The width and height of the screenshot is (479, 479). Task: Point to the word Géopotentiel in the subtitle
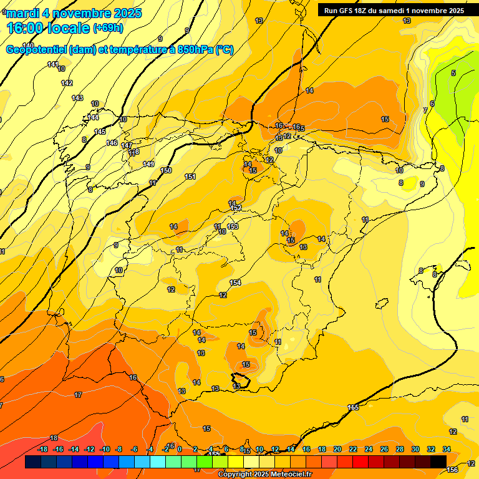pyautogui.click(x=36, y=50)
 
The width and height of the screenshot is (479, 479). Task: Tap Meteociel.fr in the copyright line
pyautogui.click(x=287, y=475)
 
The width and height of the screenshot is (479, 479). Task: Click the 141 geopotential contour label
pyautogui.click(x=53, y=65)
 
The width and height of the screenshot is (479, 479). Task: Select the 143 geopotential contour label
pyautogui.click(x=77, y=98)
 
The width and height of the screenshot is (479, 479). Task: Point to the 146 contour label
pyautogui.click(x=112, y=143)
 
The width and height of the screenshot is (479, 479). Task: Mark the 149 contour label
pyautogui.click(x=148, y=164)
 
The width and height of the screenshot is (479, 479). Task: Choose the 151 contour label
pyautogui.click(x=190, y=177)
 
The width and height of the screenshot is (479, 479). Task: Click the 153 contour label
pyautogui.click(x=233, y=226)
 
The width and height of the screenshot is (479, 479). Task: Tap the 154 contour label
pyautogui.click(x=235, y=283)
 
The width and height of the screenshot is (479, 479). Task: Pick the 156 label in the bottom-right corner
pyautogui.click(x=453, y=469)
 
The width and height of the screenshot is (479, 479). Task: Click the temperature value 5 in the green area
pyautogui.click(x=453, y=73)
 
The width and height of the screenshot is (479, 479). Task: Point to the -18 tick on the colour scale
pyautogui.click(x=43, y=449)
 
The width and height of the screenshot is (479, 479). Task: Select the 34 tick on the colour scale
pyautogui.click(x=447, y=449)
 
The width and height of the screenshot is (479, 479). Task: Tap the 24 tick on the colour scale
pyautogui.click(x=369, y=449)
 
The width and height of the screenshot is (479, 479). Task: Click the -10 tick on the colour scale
pyautogui.click(x=104, y=449)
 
